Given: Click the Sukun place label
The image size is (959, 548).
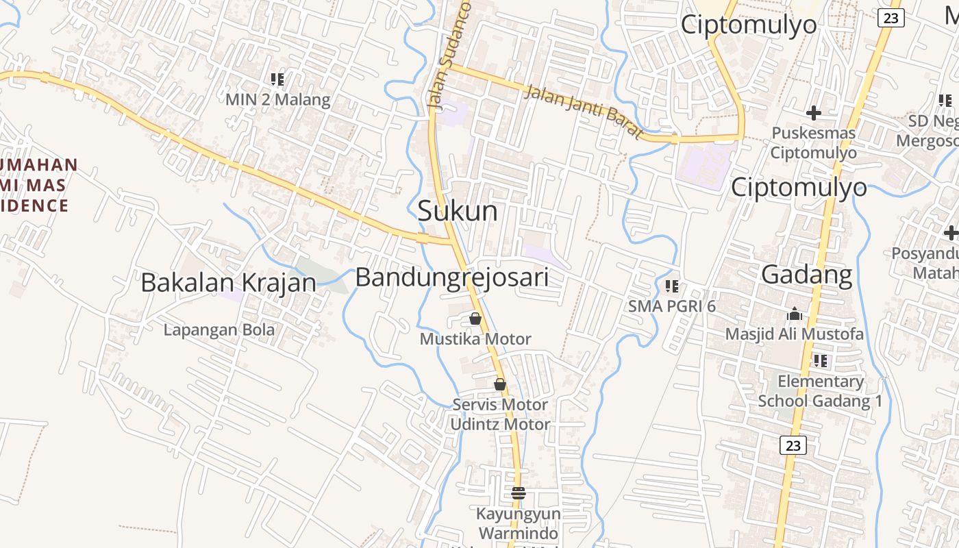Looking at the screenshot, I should [x=457, y=211].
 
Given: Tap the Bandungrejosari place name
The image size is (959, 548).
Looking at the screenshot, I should [x=452, y=277].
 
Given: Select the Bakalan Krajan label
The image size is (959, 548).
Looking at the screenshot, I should [x=228, y=282].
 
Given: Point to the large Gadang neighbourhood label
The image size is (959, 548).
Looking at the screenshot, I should [x=807, y=275].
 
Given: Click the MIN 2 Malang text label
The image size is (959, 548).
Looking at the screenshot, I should [x=277, y=99].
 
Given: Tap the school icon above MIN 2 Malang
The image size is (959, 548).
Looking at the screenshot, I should [x=277, y=79].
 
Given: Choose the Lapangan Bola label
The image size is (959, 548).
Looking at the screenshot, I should [x=219, y=329].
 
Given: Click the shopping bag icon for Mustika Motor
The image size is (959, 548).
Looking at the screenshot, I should [x=475, y=319].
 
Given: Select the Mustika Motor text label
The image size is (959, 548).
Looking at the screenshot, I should [x=475, y=339].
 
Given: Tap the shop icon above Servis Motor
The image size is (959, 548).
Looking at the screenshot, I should [x=500, y=384].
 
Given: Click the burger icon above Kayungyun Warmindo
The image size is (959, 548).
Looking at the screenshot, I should [x=519, y=493].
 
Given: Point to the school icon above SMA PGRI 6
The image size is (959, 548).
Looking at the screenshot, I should [x=672, y=286].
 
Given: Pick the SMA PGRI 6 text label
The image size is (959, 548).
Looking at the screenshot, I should [x=672, y=306].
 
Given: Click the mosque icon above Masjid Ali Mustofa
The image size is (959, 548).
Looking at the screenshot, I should [x=795, y=314].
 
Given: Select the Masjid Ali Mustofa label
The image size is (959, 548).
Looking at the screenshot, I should [x=795, y=334].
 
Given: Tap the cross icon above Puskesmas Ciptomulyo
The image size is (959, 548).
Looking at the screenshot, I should [x=814, y=112].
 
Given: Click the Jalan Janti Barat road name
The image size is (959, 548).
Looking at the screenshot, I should [x=584, y=110].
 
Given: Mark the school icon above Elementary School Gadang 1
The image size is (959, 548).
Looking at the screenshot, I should [x=820, y=360].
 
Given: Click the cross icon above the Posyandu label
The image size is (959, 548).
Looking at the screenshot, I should [x=951, y=233].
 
